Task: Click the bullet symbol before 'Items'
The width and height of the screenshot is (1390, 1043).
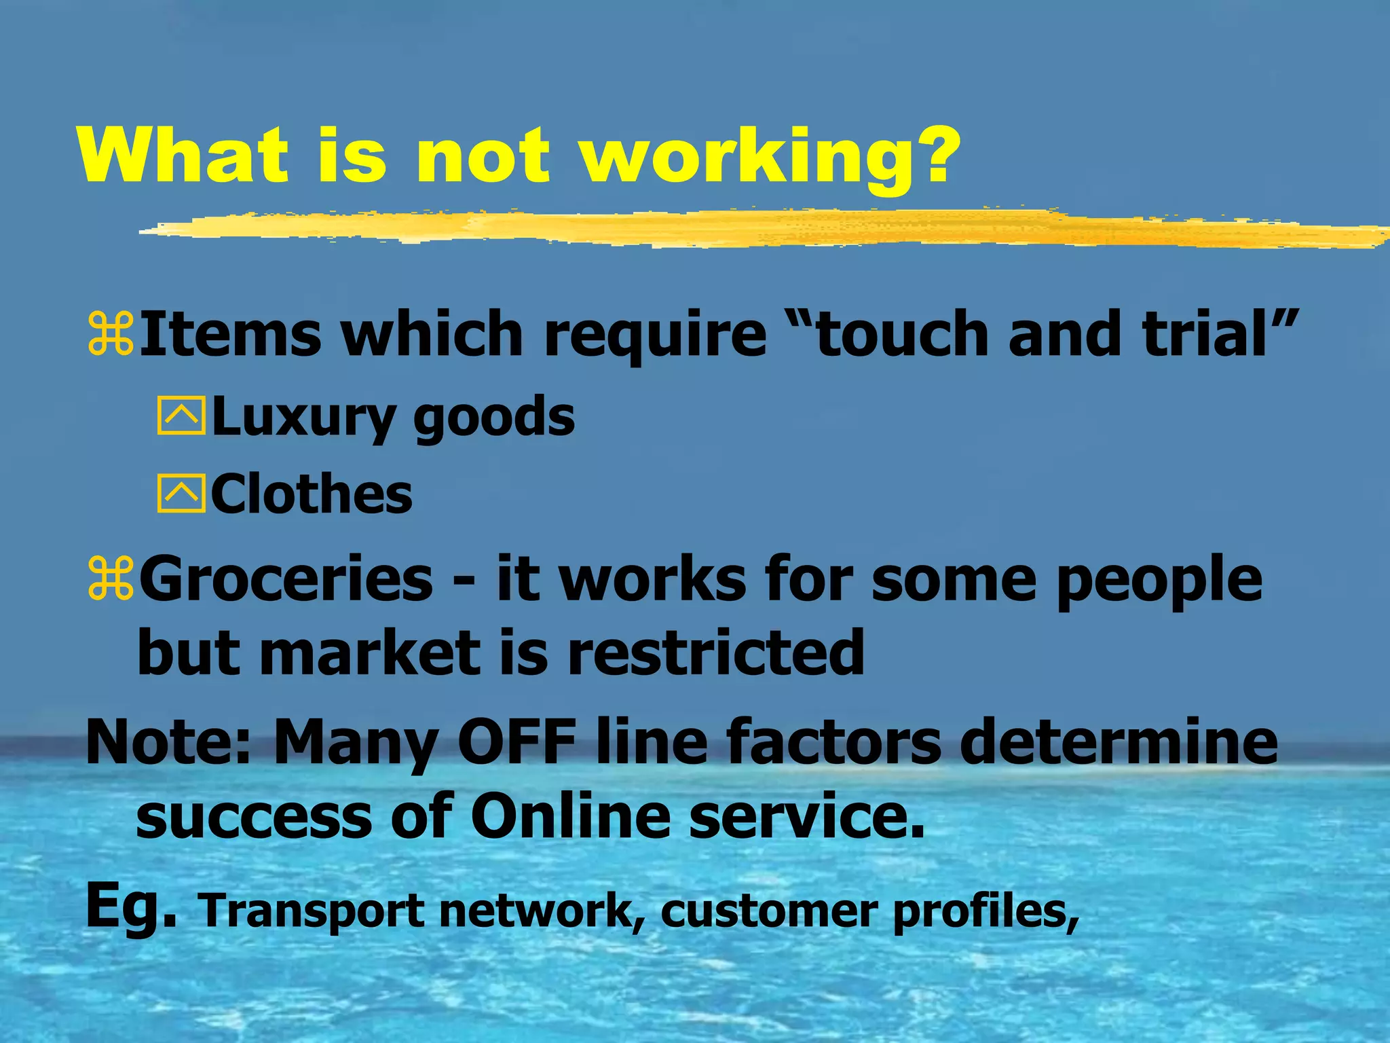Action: pos(111,334)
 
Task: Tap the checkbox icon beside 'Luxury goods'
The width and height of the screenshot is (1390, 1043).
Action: pos(181,416)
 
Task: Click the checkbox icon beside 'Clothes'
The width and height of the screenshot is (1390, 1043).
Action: pos(181,494)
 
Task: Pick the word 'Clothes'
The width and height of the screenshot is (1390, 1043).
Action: pos(312,494)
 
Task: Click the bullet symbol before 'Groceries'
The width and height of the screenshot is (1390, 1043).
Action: pos(111,579)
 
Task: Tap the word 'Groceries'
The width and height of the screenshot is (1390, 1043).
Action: pos(286,579)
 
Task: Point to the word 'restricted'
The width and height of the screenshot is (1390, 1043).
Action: pos(715,653)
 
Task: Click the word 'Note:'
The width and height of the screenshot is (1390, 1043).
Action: pos(169,742)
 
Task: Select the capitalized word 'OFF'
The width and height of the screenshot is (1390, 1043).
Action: pos(516,742)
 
